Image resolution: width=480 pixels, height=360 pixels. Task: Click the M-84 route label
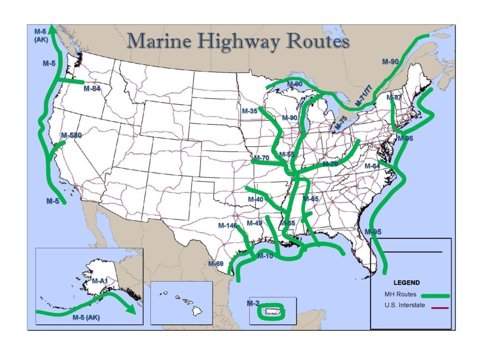(93, 88)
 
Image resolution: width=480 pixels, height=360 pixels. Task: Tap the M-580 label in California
(72, 135)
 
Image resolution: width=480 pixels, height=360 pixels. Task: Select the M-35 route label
(250, 111)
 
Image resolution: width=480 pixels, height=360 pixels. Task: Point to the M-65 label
(310, 199)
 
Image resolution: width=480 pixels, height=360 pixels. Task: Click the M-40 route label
(255, 199)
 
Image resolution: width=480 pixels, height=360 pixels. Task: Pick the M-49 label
(255, 223)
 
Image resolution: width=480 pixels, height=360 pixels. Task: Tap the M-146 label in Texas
(228, 225)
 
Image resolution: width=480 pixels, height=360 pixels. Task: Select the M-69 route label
(216, 263)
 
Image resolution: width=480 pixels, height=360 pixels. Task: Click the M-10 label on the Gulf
(265, 256)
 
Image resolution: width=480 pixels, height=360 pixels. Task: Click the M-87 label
(395, 97)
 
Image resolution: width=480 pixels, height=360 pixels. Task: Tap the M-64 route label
(373, 166)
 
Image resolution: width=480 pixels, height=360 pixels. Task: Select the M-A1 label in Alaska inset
(100, 281)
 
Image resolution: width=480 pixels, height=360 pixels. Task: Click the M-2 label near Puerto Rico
(253, 303)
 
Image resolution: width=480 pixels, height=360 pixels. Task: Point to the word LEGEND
(406, 283)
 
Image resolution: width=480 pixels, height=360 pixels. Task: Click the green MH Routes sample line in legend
(435, 296)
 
